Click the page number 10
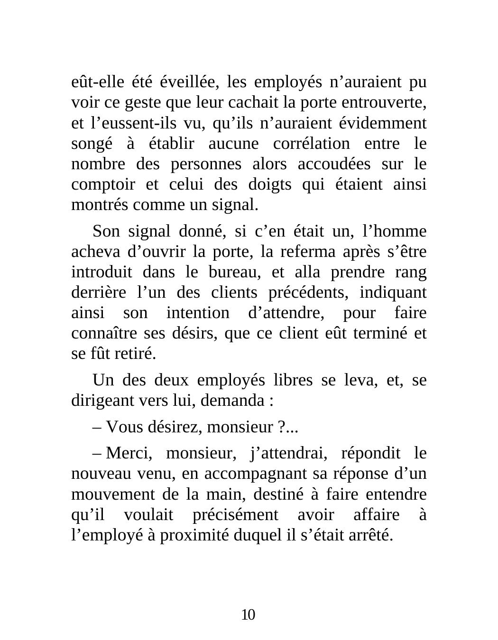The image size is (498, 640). click(248, 615)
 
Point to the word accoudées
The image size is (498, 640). click(333, 164)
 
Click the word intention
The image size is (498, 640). click(197, 313)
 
